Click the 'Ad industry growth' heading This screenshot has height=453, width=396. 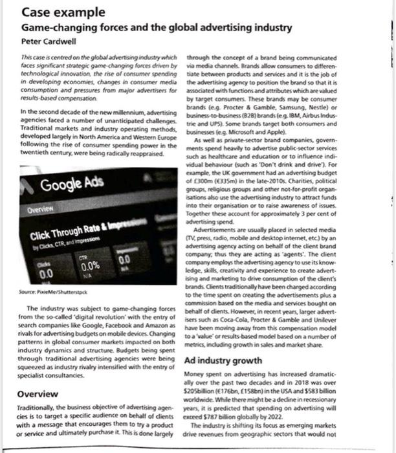click(x=224, y=360)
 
